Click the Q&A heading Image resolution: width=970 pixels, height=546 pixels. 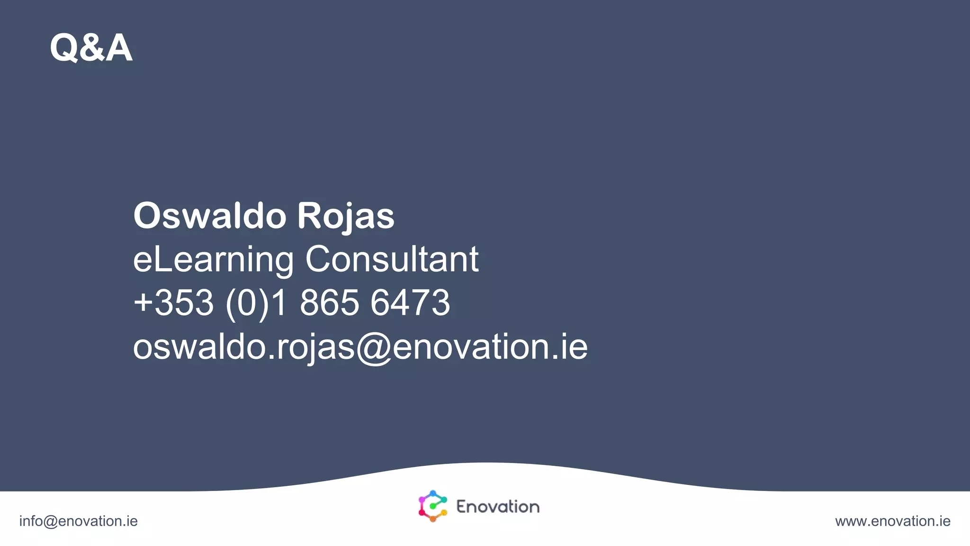pos(91,47)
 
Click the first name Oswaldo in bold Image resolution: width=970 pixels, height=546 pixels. pos(209,216)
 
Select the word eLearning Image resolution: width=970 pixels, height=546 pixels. pos(213,260)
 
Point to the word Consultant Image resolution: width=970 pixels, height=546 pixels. pos(392,259)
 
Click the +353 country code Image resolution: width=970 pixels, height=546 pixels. pos(174,302)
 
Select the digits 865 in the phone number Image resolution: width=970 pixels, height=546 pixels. pos(329,302)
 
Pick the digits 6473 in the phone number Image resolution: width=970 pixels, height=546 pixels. pos(410,302)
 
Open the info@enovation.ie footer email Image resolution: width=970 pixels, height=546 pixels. pos(78,521)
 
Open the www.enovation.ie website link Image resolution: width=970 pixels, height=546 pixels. pos(892,521)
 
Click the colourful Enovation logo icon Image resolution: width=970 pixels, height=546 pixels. pos(432,506)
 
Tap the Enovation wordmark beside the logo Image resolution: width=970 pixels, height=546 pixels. pos(498,507)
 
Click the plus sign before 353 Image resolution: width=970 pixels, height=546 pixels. pos(143,302)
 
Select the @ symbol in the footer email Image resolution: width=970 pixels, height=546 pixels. pos(50,521)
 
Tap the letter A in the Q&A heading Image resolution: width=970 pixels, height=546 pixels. pos(119,48)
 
